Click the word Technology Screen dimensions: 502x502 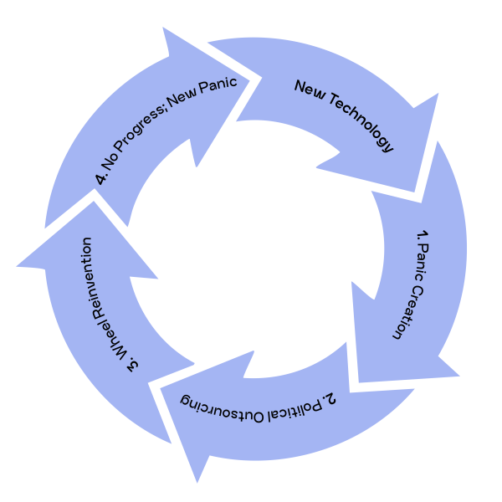pos(361,122)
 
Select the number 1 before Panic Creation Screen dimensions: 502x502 pos(423,236)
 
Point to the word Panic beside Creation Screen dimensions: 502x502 pos(422,264)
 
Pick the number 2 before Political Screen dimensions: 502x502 pos(329,399)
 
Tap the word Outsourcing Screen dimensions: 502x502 pos(222,407)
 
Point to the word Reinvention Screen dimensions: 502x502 pos(91,274)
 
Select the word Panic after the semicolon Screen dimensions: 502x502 pos(218,85)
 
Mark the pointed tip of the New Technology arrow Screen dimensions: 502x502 pos(414,192)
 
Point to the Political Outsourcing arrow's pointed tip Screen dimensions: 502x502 pos(197,483)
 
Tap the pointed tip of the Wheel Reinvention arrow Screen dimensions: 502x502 pos(17,266)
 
